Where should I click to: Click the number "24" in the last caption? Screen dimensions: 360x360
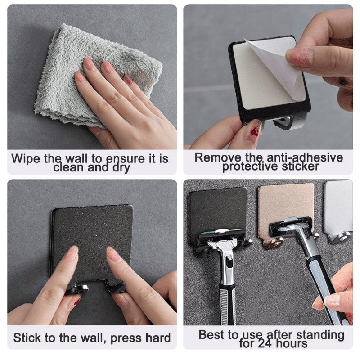point(269,344)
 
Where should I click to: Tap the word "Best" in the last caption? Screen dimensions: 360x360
point(211,335)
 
